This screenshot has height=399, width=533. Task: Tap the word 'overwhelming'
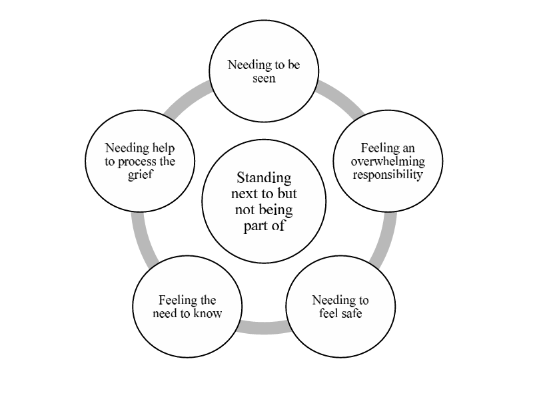379,162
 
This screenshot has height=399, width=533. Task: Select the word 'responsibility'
379,176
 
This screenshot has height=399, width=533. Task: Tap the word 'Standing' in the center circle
265,178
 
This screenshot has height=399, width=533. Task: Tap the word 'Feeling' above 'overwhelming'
379,148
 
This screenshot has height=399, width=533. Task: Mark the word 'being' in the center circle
273,210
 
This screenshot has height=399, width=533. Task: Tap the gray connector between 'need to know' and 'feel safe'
264,327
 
